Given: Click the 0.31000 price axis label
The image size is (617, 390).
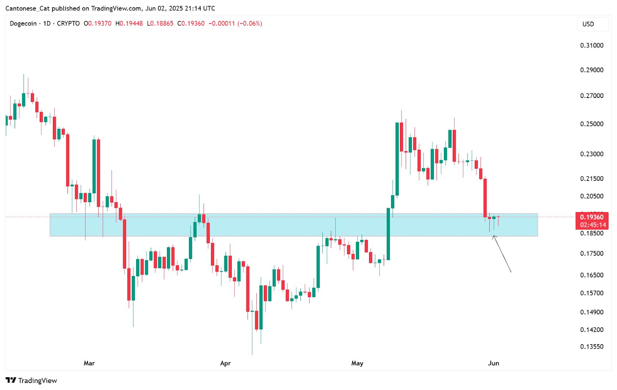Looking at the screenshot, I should tap(592, 46).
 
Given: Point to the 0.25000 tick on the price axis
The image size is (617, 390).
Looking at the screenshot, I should tap(592, 124).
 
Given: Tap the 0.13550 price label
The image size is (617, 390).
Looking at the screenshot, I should tap(592, 346).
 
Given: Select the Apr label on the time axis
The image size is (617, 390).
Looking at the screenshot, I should tap(225, 363).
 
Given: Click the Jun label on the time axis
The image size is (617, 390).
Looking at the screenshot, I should tap(493, 363).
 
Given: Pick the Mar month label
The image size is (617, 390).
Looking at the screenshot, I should tap(89, 363).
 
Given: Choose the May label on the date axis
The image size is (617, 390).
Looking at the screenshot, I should tap(357, 363).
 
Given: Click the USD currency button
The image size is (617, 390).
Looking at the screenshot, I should tap(588, 24).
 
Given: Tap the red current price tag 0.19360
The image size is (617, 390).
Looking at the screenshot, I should tap(592, 217).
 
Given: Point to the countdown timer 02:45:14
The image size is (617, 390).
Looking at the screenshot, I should tap(593, 225).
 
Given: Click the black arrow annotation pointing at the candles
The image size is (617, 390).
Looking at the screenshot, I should tap(502, 254).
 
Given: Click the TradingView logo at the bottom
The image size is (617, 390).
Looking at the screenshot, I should tap(32, 380).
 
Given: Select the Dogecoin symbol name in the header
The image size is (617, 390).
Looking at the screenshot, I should tap(23, 24).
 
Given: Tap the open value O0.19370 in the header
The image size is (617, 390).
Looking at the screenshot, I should tap(98, 24).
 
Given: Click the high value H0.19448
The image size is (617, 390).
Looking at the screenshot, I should tap(129, 24).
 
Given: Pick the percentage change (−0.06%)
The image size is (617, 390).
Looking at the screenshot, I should tap(249, 24).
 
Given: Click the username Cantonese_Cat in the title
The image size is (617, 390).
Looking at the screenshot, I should tap(27, 8).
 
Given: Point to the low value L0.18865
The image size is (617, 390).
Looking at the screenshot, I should tap(160, 24).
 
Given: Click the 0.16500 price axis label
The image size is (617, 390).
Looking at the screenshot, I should tap(592, 275).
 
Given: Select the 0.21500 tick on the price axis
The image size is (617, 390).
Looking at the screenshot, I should tap(592, 179).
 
